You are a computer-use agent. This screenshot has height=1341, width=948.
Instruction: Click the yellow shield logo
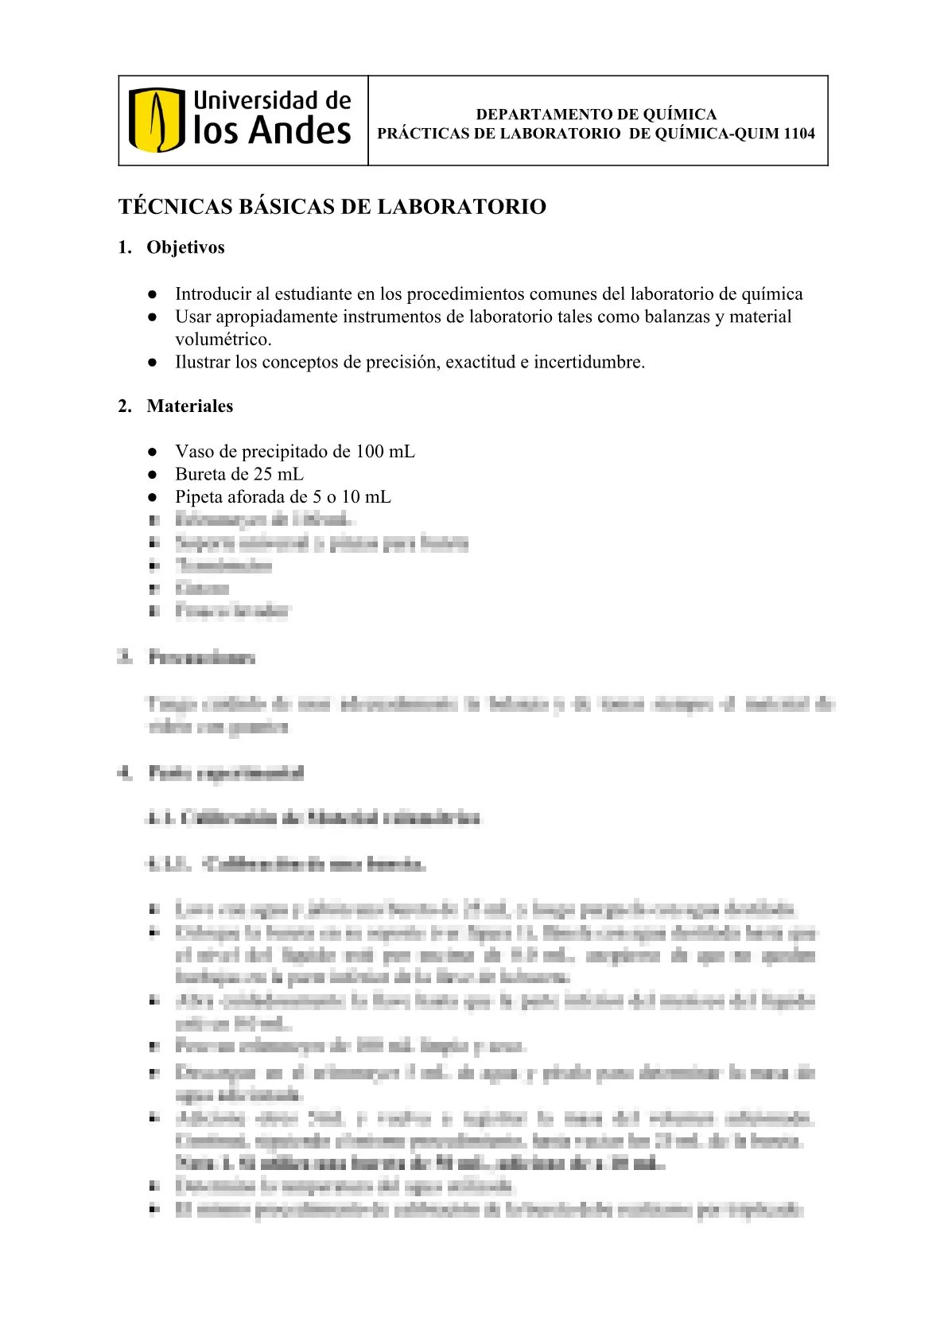click(157, 120)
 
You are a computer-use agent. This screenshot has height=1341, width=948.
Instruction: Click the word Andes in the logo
click(300, 131)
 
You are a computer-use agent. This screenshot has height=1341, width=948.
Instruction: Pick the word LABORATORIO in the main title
click(461, 207)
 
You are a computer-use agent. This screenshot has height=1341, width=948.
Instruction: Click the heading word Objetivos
click(185, 247)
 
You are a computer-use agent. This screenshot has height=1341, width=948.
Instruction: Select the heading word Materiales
click(190, 406)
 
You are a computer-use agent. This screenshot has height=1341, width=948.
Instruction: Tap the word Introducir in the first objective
click(208, 294)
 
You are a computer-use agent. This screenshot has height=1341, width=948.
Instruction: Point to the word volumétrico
click(223, 340)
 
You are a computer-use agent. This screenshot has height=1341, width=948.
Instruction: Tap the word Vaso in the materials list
click(193, 452)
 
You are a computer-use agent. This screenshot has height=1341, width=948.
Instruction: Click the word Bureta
click(199, 474)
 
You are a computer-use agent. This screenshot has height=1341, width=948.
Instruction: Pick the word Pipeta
click(199, 497)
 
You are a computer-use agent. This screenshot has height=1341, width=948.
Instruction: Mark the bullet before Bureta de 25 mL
click(153, 474)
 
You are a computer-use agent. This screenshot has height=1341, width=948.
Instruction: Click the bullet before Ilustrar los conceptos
click(153, 363)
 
